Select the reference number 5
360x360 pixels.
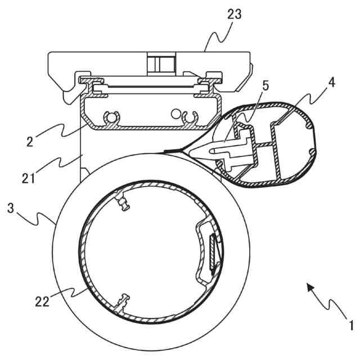[x=265, y=85]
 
